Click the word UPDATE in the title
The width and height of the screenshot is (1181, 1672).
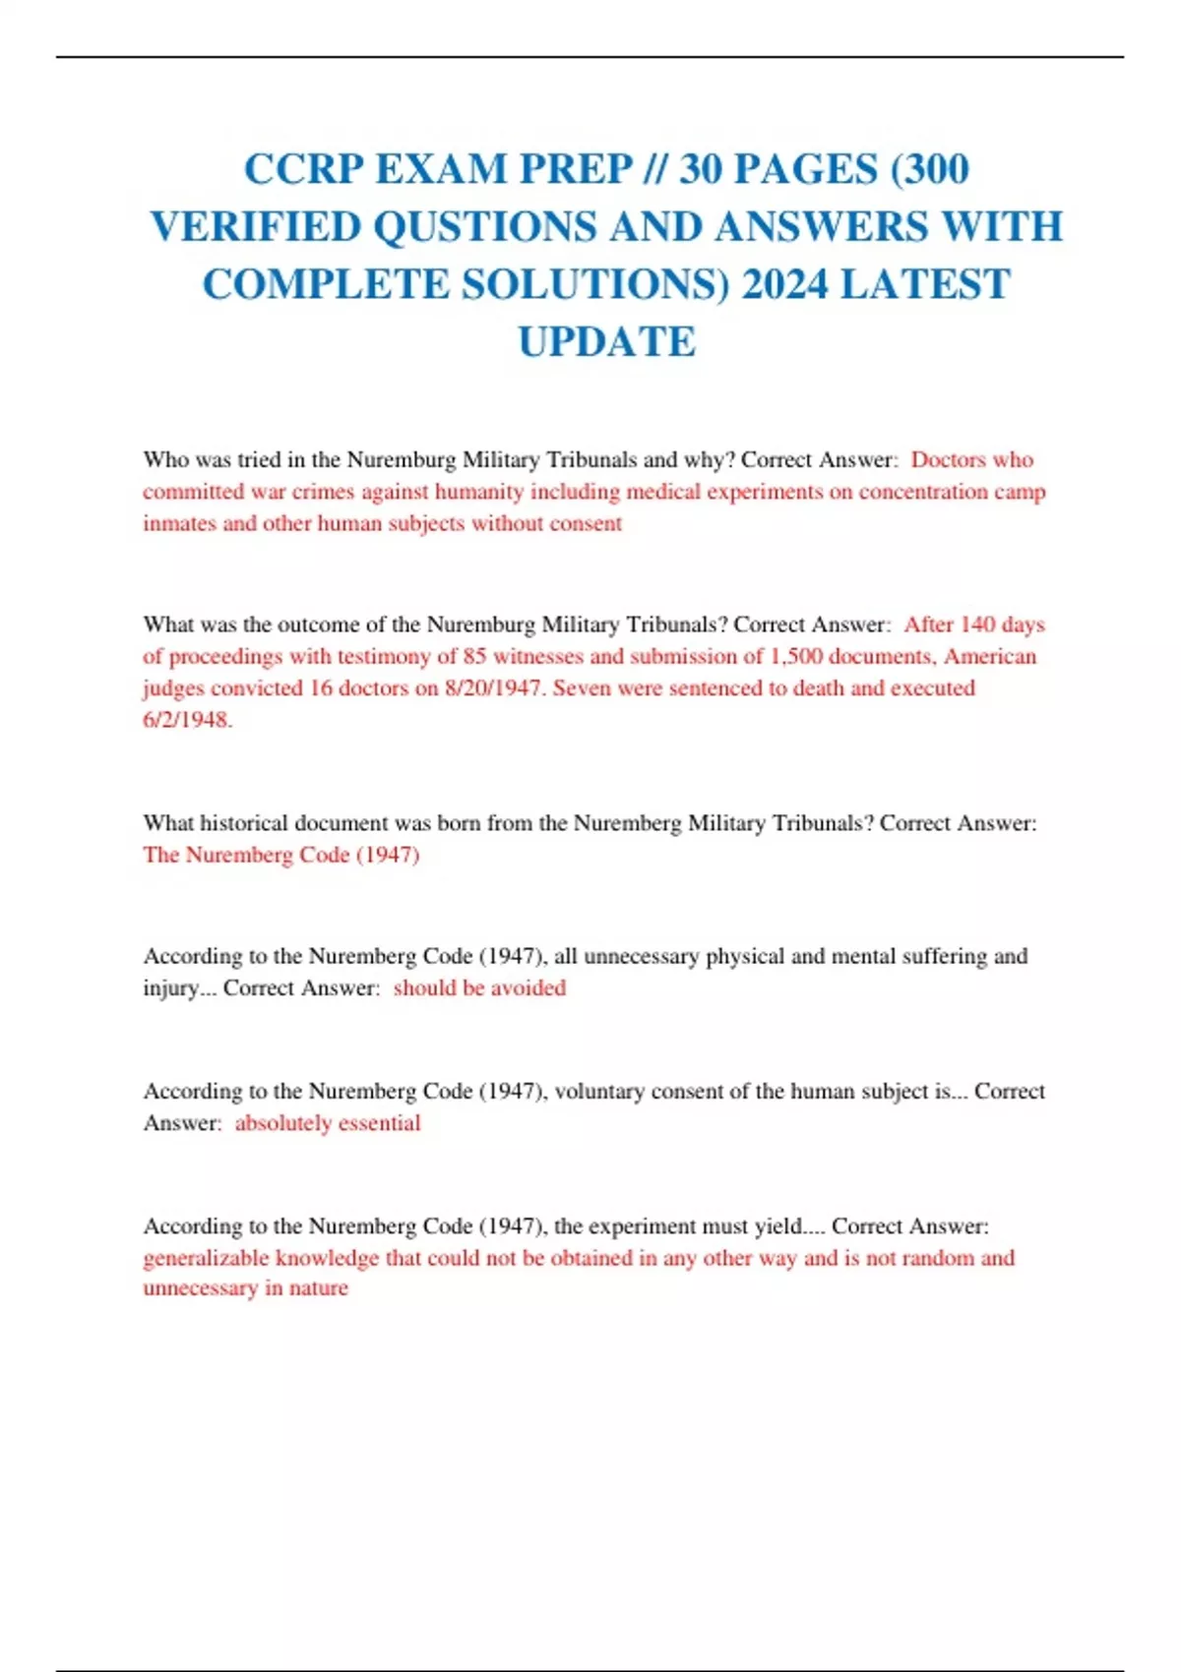pos(607,342)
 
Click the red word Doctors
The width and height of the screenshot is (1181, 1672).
pos(948,460)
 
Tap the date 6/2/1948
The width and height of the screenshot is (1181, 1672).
pos(187,720)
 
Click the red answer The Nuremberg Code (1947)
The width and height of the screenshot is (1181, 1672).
pos(281,855)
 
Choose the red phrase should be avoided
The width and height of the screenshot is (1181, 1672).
pos(479,988)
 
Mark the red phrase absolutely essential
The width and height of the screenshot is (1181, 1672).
pos(328,1123)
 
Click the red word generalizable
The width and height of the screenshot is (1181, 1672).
pos(206,1258)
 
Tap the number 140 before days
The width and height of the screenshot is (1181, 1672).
pos(977,626)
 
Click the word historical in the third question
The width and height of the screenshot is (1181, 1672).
pos(245,823)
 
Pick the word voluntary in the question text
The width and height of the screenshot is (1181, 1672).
pos(599,1092)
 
